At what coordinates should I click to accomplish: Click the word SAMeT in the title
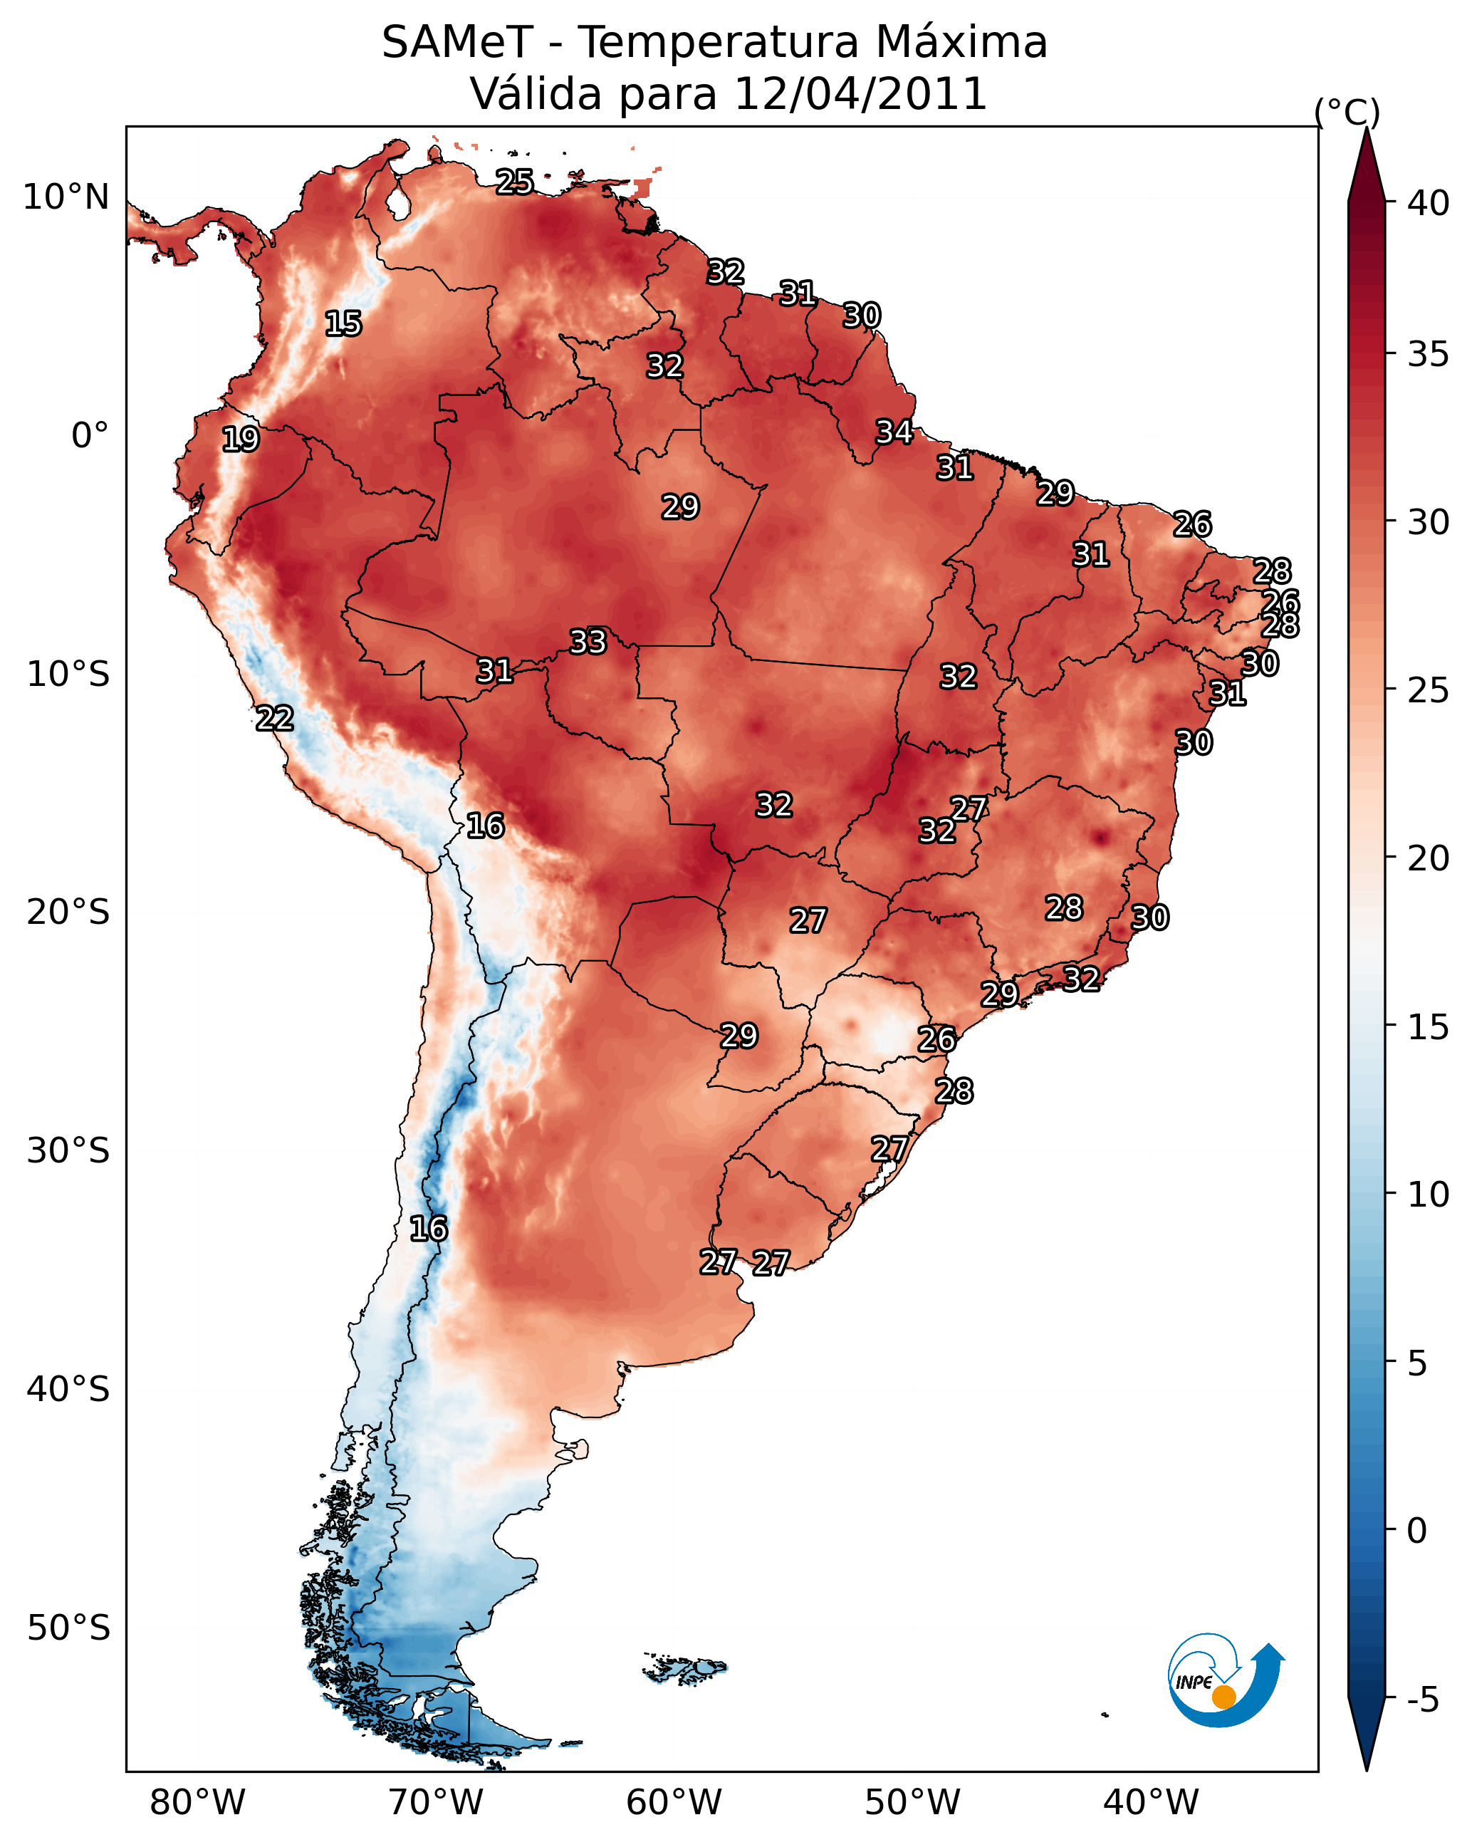point(457,43)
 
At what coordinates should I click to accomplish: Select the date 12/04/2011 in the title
point(860,94)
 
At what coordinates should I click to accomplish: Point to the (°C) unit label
point(1347,112)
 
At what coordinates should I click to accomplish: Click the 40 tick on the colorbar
point(1428,203)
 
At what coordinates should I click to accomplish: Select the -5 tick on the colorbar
point(1422,1700)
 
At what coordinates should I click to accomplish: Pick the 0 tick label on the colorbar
point(1416,1532)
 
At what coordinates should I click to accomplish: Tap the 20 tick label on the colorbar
point(1428,858)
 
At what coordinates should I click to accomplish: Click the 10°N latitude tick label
point(66,197)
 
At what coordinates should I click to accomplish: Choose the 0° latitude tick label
point(90,436)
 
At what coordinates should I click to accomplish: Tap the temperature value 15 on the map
point(343,324)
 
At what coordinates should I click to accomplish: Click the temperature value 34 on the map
point(894,432)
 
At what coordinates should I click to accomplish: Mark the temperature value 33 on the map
point(588,642)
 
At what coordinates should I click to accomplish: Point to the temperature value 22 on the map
point(274,719)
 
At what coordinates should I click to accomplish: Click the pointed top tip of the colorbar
point(1366,131)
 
